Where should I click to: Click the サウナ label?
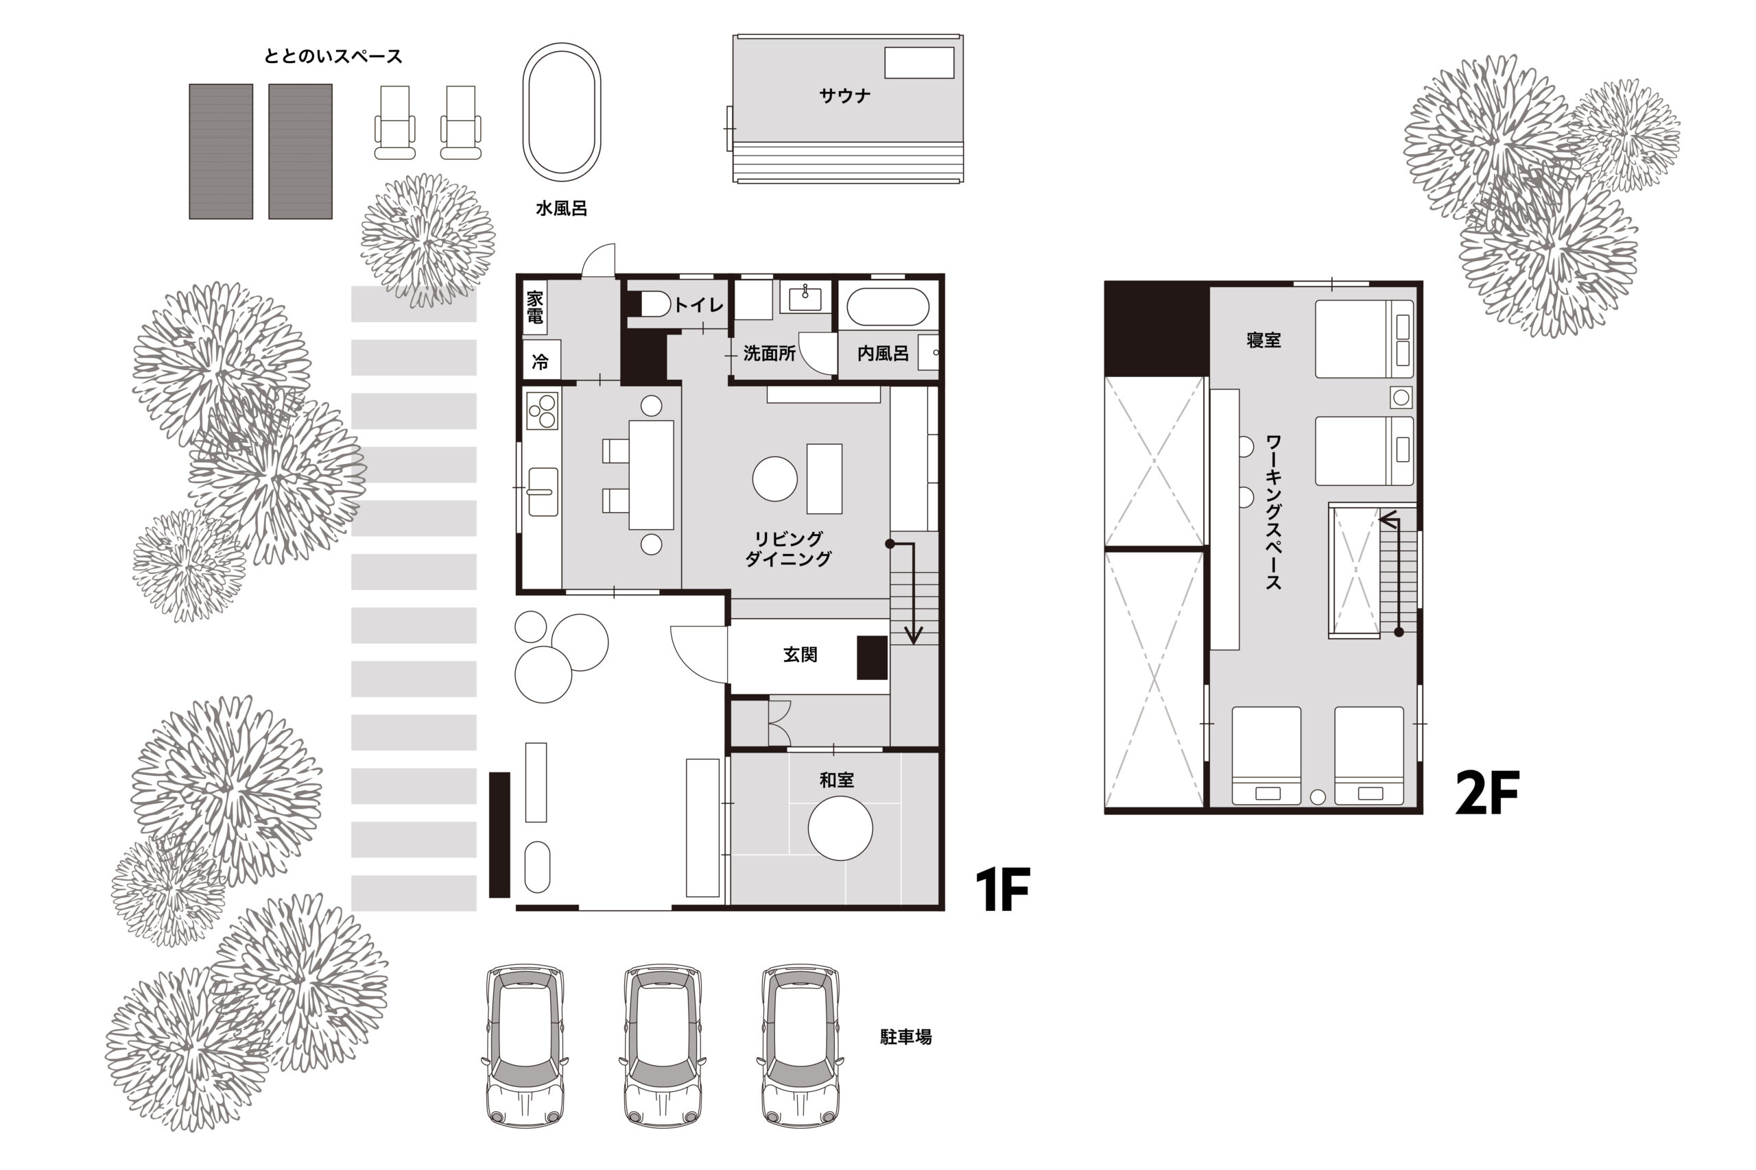(844, 95)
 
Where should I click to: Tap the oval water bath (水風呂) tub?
(562, 112)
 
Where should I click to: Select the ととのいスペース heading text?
(333, 56)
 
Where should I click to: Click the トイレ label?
(698, 304)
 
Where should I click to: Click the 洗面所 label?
(769, 353)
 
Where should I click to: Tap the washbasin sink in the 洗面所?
(805, 297)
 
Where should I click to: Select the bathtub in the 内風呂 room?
(888, 306)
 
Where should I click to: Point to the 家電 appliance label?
(534, 306)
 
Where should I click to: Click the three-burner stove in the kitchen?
(542, 411)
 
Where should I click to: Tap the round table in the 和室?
(840, 828)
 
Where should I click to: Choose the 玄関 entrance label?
(800, 655)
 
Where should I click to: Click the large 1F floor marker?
(1003, 890)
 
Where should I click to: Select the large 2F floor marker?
(1487, 792)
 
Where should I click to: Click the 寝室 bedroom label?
(1263, 339)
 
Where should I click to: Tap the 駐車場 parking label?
(905, 1036)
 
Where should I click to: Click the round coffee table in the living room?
(775, 479)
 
